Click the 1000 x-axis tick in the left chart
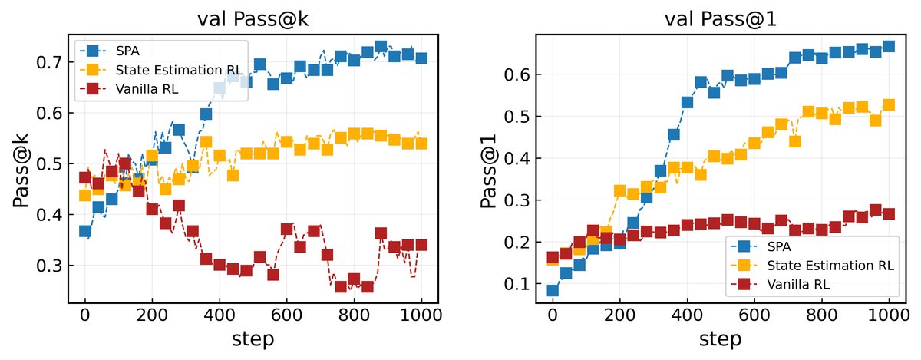pos(421,315)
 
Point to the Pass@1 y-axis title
pos(488,167)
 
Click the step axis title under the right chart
pos(721,339)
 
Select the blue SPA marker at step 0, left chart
pos(85,231)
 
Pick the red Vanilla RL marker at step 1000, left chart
pos(421,245)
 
